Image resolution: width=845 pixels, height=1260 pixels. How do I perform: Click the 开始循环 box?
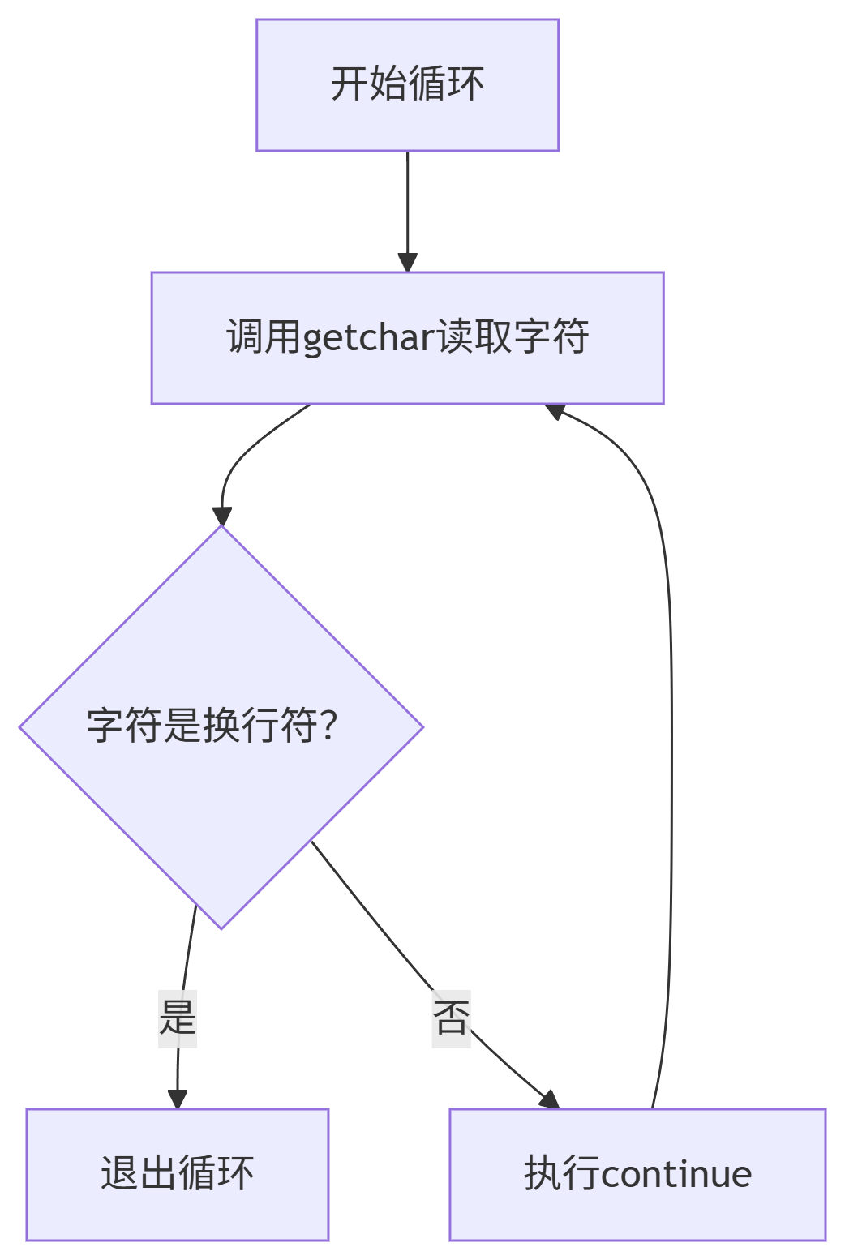click(407, 85)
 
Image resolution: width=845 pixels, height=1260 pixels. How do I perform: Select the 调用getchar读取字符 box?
click(407, 338)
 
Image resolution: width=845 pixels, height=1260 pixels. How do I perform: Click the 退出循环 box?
click(177, 1174)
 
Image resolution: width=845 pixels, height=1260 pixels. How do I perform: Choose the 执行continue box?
click(637, 1174)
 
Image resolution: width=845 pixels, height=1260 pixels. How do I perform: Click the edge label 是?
click(178, 1018)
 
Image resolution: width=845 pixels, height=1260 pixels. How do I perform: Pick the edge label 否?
click(452, 1018)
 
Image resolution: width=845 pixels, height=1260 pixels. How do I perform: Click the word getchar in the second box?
click(370, 338)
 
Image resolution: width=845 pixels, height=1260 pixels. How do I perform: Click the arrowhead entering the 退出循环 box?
click(177, 1099)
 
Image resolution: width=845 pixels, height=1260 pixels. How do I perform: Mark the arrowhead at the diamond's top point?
click(221, 516)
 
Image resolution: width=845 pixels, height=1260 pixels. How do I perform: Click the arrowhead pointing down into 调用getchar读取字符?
click(407, 263)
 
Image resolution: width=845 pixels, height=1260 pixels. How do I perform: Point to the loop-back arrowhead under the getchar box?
click(555, 411)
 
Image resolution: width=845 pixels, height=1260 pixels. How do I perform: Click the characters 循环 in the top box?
click(446, 84)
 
